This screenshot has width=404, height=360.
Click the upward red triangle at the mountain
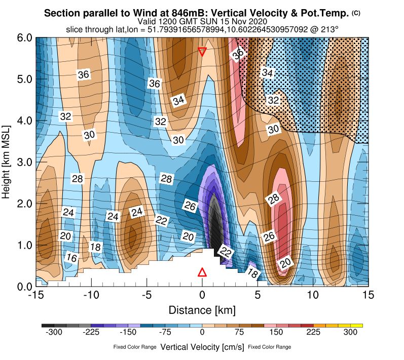[x=202, y=272]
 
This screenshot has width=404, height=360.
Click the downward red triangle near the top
[x=202, y=52]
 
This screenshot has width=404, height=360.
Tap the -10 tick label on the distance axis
[x=91, y=295]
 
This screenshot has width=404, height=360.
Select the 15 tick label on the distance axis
[x=369, y=295]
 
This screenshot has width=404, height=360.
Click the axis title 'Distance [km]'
[x=202, y=309]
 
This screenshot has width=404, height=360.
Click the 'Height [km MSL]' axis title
[x=7, y=162]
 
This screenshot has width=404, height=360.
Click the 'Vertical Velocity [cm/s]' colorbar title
[x=202, y=347]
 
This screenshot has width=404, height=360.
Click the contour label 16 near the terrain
[x=72, y=258]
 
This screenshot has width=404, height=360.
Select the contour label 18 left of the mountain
[x=95, y=247]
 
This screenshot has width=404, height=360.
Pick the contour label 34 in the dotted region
[x=268, y=73]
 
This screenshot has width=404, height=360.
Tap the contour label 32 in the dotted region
[x=274, y=100]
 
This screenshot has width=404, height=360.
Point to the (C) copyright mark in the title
[x=356, y=13]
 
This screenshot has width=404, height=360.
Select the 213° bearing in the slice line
[x=329, y=30]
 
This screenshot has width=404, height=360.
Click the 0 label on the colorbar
[x=202, y=332]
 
